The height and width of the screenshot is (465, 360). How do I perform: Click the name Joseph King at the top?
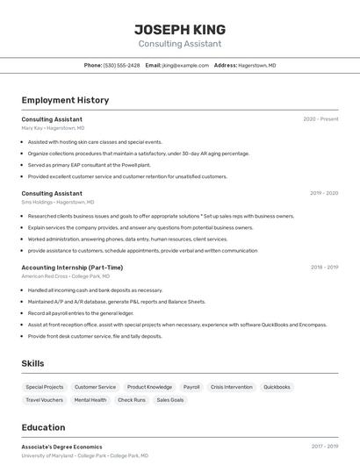click(x=179, y=29)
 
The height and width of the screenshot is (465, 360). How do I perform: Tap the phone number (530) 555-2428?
click(x=121, y=65)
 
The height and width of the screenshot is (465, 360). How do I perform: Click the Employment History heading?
click(x=65, y=100)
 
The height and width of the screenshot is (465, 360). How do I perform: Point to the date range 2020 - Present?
click(x=320, y=118)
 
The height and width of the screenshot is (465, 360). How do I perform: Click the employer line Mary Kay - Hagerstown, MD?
click(x=53, y=128)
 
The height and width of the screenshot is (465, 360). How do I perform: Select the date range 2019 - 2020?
click(x=324, y=193)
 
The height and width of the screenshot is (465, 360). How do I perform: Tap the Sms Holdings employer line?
click(x=54, y=202)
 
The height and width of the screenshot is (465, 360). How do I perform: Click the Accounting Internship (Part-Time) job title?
click(x=72, y=268)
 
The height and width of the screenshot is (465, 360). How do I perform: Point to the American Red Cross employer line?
click(x=61, y=276)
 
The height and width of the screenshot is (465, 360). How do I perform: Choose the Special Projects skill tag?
click(x=44, y=387)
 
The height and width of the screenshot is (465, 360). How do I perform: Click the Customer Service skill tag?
click(x=95, y=387)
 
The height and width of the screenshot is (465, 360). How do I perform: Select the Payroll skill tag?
click(x=191, y=387)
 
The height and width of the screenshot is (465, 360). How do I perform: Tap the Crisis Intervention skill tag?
click(x=232, y=387)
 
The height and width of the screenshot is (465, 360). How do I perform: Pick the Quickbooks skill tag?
click(x=277, y=387)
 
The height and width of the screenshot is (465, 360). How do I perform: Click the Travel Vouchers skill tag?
click(x=44, y=400)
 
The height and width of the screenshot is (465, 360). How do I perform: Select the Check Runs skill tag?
click(x=132, y=400)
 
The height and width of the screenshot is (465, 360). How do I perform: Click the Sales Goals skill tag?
click(x=170, y=400)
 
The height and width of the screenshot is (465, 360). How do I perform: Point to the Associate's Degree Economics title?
click(x=61, y=447)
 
